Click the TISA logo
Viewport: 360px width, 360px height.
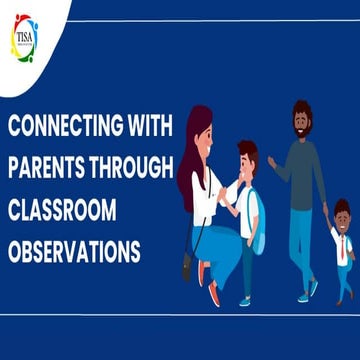(22, 38)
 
